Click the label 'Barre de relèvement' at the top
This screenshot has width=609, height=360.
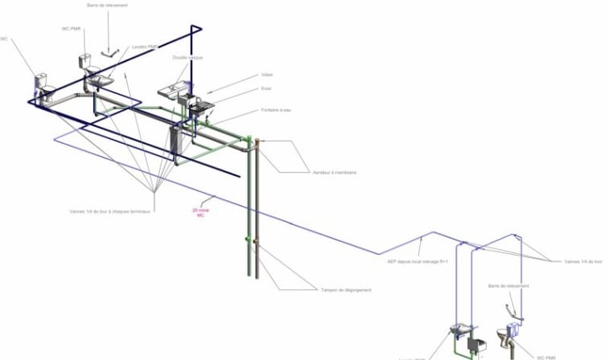click(107, 5)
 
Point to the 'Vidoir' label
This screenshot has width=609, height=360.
click(267, 75)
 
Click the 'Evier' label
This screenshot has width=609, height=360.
click(266, 89)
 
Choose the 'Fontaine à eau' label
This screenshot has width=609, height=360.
click(276, 110)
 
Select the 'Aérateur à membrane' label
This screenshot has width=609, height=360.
click(334, 173)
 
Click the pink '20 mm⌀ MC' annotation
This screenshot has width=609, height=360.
click(200, 213)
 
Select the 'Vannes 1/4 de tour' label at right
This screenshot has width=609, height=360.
click(582, 261)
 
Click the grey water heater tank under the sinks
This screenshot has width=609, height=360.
click(178, 142)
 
